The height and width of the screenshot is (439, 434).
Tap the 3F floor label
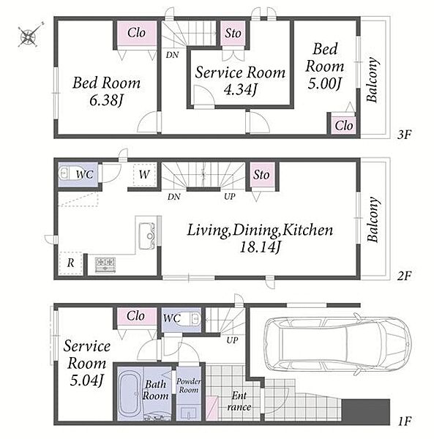[404, 135]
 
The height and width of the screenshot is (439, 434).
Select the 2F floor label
[404, 276]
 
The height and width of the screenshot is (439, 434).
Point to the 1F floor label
[404, 421]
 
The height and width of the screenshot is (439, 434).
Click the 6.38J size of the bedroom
[107, 100]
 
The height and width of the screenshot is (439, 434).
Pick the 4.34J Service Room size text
[241, 89]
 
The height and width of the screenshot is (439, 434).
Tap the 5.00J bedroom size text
[324, 83]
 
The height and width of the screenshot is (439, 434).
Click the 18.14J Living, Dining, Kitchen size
[260, 247]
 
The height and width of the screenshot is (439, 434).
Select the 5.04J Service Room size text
[87, 380]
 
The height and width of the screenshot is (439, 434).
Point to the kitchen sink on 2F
[147, 236]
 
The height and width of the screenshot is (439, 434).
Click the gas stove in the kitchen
[105, 265]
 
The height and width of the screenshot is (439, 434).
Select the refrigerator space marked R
[70, 263]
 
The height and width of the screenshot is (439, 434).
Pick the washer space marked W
[144, 174]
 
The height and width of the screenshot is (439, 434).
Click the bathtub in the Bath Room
[130, 394]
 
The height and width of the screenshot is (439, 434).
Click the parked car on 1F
[337, 344]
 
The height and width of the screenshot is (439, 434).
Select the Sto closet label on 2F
[261, 175]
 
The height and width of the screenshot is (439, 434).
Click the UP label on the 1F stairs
[232, 340]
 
